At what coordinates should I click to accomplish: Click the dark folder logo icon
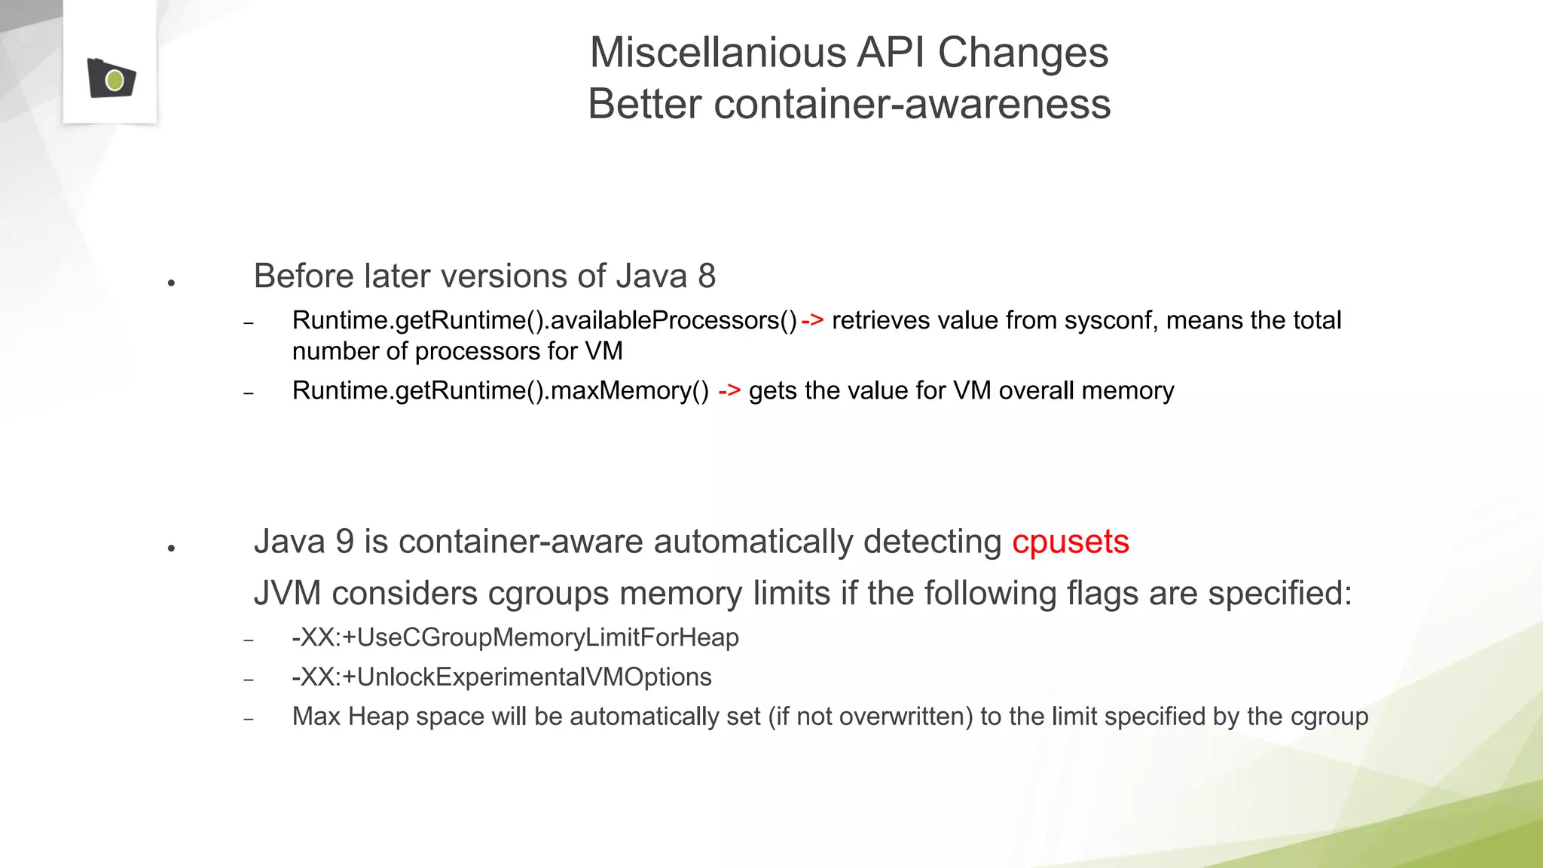[111, 78]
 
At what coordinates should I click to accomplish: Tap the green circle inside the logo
[115, 80]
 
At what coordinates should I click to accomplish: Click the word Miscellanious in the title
[717, 53]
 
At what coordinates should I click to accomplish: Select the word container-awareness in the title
[912, 104]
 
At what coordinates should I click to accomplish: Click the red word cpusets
[1070, 542]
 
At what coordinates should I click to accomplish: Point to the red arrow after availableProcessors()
[812, 320]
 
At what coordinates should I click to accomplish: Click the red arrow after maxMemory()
[729, 390]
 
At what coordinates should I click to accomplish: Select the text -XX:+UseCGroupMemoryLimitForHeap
[515, 637]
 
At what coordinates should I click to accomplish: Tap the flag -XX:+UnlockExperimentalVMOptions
[501, 677]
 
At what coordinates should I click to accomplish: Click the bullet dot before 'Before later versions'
[172, 283]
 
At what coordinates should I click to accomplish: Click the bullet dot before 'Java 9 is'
[172, 549]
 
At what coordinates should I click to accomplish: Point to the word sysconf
[1108, 320]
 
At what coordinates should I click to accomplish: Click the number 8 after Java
[706, 276]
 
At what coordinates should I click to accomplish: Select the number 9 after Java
[344, 542]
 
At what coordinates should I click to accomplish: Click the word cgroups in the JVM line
[548, 593]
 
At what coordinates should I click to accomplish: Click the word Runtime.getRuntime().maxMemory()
[500, 390]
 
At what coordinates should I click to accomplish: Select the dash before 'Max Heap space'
[249, 719]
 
